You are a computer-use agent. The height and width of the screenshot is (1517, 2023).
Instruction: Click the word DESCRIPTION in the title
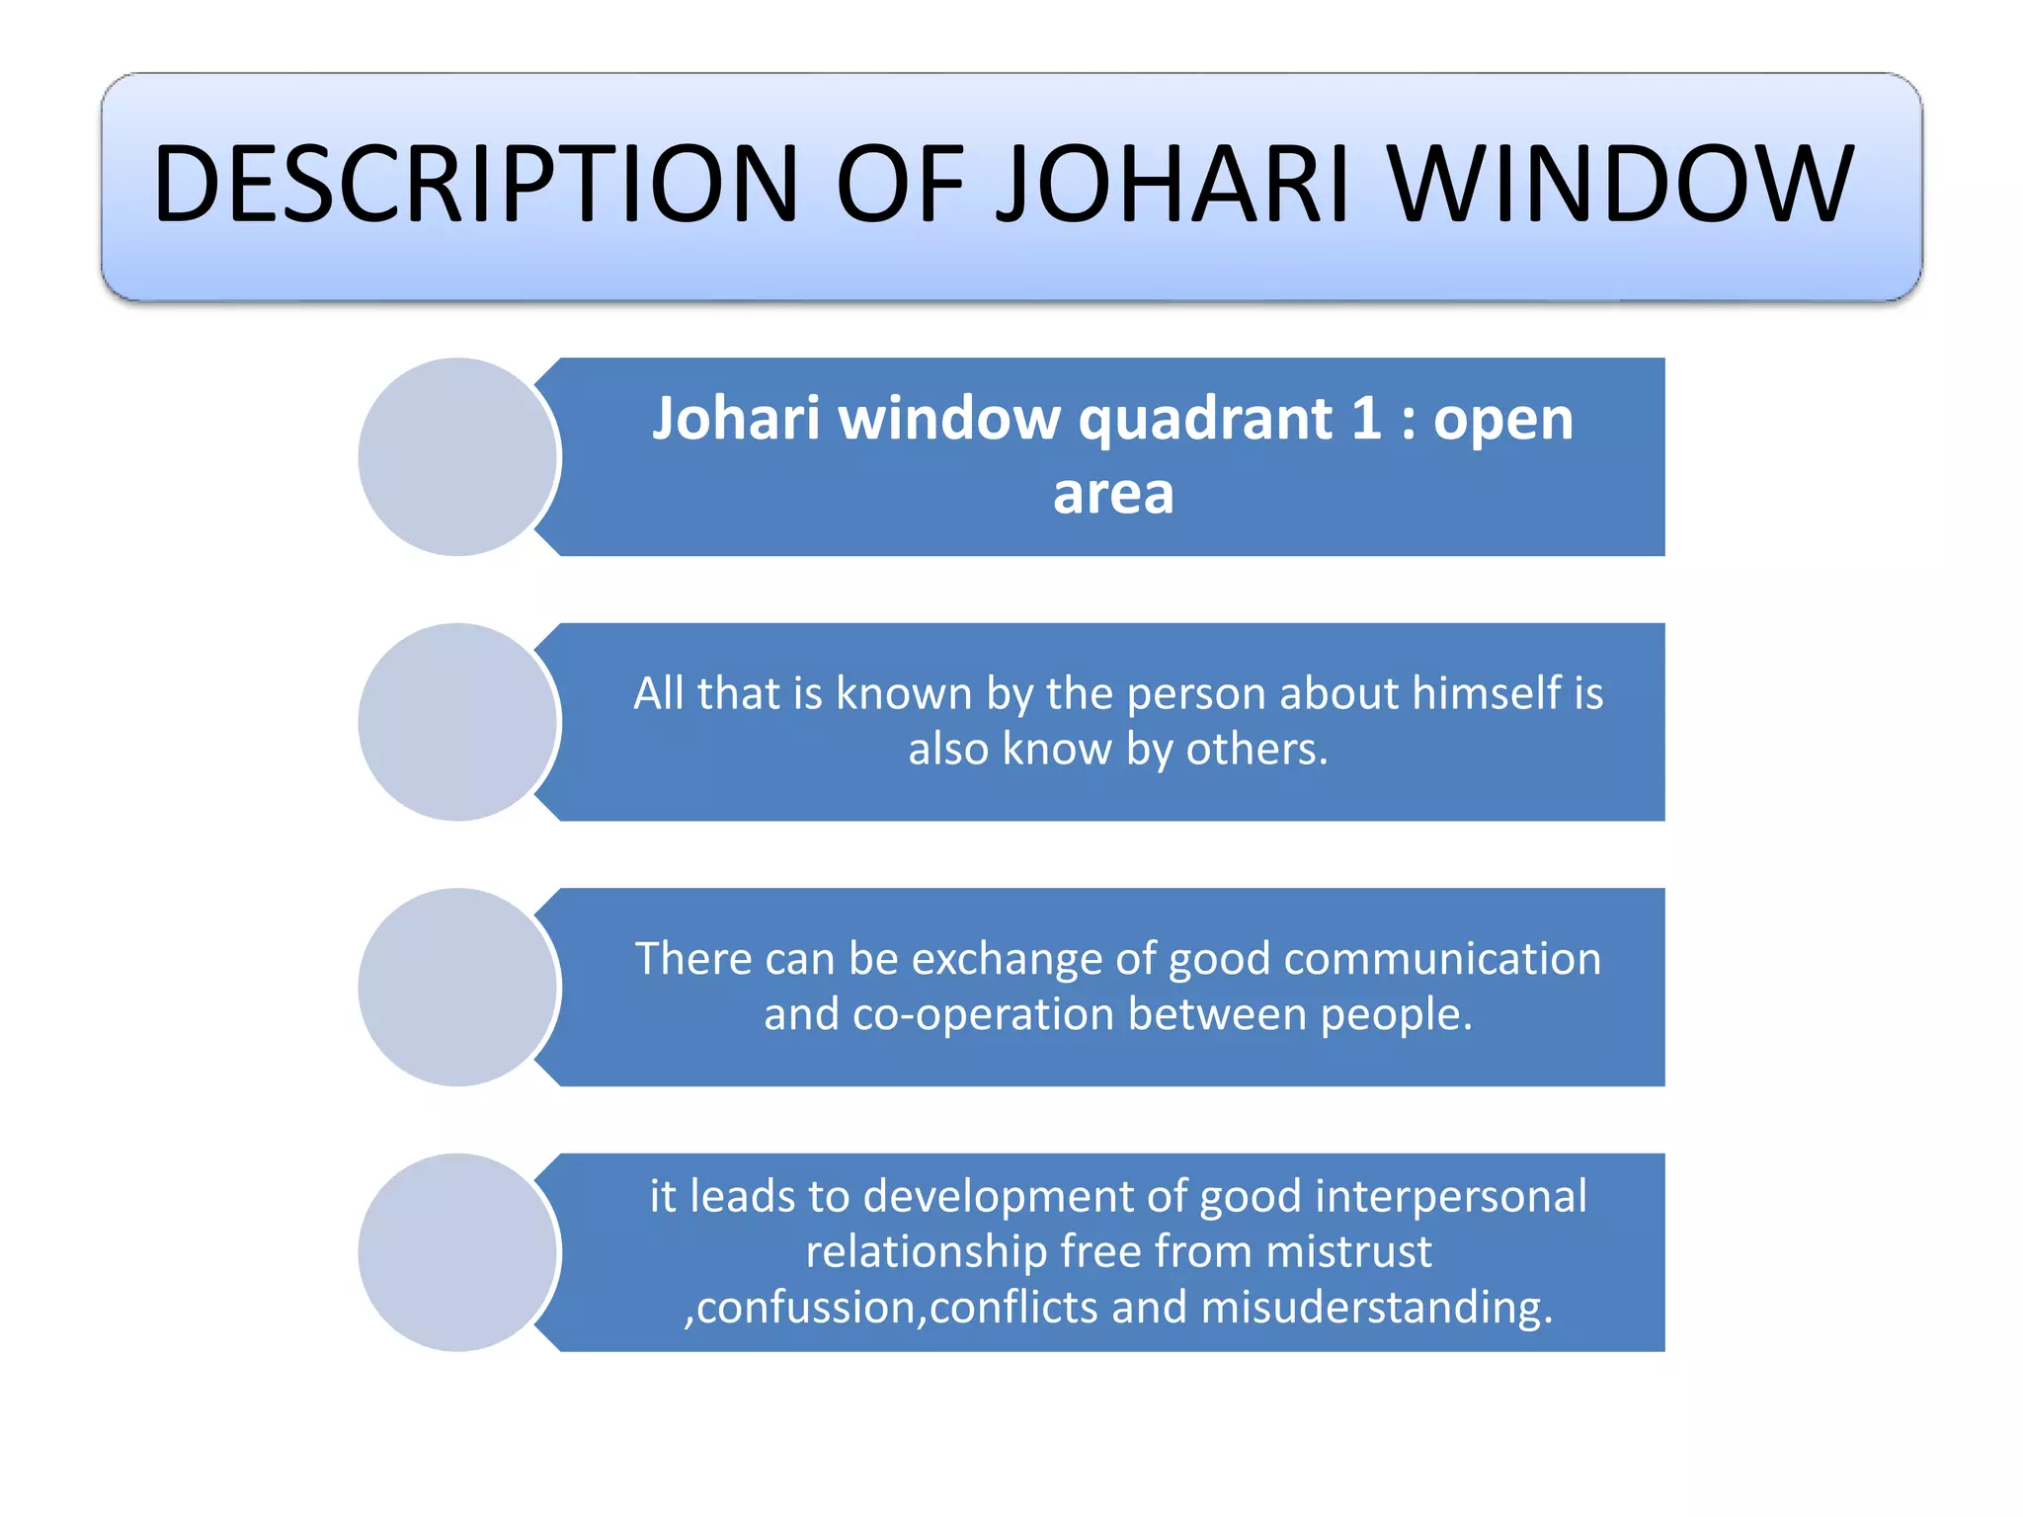pyautogui.click(x=475, y=184)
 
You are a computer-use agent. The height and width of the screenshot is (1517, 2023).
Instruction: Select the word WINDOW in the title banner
pyautogui.click(x=1621, y=184)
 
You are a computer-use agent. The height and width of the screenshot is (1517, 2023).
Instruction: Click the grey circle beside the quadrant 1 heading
pyautogui.click(x=457, y=456)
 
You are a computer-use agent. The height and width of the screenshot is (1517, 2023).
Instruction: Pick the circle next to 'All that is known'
pyautogui.click(x=457, y=722)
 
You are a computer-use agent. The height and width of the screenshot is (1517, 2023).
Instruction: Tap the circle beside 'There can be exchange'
pyautogui.click(x=457, y=987)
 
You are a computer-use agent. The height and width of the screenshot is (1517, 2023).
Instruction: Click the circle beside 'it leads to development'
pyautogui.click(x=457, y=1252)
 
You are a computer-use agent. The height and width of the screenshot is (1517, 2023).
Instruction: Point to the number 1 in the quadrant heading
pyautogui.click(x=1366, y=419)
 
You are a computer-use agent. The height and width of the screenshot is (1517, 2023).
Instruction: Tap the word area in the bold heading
pyautogui.click(x=1113, y=494)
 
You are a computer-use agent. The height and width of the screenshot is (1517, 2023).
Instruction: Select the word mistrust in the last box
pyautogui.click(x=1348, y=1252)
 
